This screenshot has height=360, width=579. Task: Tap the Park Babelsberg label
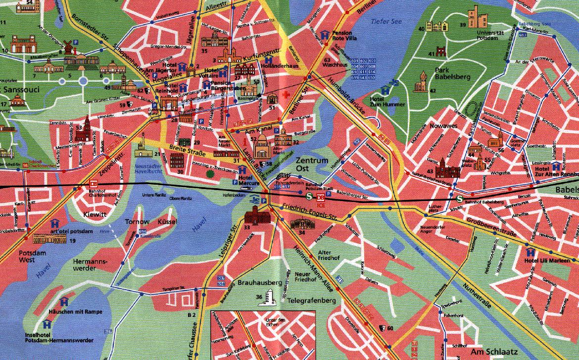click(452, 73)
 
